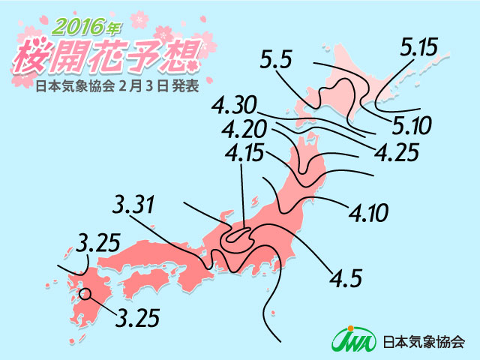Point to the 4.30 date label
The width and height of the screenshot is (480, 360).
pos(236,103)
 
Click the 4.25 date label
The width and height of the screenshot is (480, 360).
pos(395,153)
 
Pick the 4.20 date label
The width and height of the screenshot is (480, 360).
pos(244,128)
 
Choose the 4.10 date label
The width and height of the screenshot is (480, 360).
pos(368,214)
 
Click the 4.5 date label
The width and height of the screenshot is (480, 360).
pos(345,278)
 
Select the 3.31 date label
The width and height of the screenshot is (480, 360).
pos(136,204)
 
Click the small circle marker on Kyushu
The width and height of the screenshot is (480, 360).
pos(85,294)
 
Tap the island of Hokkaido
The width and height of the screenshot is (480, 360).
pos(345,94)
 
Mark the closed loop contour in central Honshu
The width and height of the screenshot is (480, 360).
pos(237,236)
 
